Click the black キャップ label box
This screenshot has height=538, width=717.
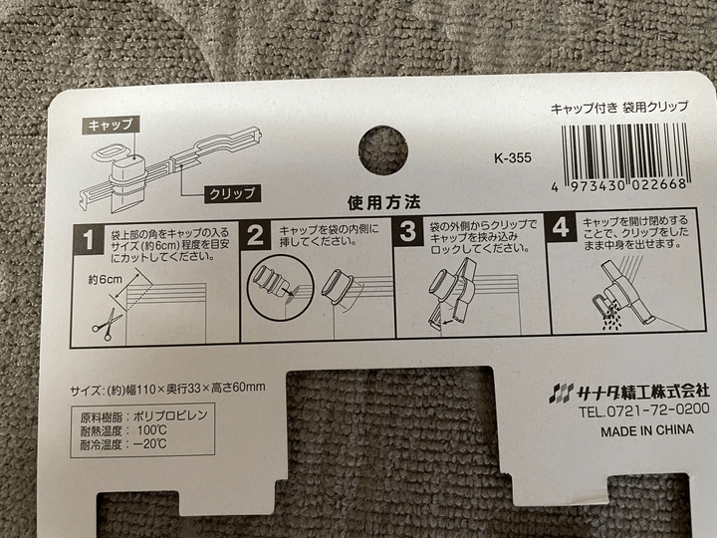pyautogui.click(x=111, y=125)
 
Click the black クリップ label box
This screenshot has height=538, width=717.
pyautogui.click(x=232, y=193)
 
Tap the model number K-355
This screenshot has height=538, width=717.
pyautogui.click(x=513, y=158)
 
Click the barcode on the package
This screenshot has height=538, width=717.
pyautogui.click(x=624, y=156)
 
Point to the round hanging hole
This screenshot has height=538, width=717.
pyautogui.click(x=383, y=150)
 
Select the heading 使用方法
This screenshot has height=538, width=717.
pyautogui.click(x=384, y=202)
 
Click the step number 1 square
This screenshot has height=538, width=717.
pyautogui.click(x=89, y=239)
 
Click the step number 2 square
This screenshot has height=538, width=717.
pyautogui.click(x=255, y=235)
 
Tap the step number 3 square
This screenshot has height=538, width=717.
pyautogui.click(x=408, y=231)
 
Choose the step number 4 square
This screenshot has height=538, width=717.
pyautogui.click(x=561, y=227)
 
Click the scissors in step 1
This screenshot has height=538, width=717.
pyautogui.click(x=109, y=324)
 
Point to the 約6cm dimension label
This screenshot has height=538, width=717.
pyautogui.click(x=106, y=279)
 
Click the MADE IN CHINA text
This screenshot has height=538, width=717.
pyautogui.click(x=647, y=430)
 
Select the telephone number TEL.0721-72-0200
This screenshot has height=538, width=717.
pyautogui.click(x=644, y=409)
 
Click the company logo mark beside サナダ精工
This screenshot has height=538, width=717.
pyautogui.click(x=562, y=394)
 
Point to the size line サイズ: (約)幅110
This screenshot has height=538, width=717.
pyautogui.click(x=168, y=390)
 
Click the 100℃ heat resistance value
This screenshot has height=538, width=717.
pyautogui.click(x=151, y=430)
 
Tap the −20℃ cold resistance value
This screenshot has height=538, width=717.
pyautogui.click(x=150, y=443)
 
